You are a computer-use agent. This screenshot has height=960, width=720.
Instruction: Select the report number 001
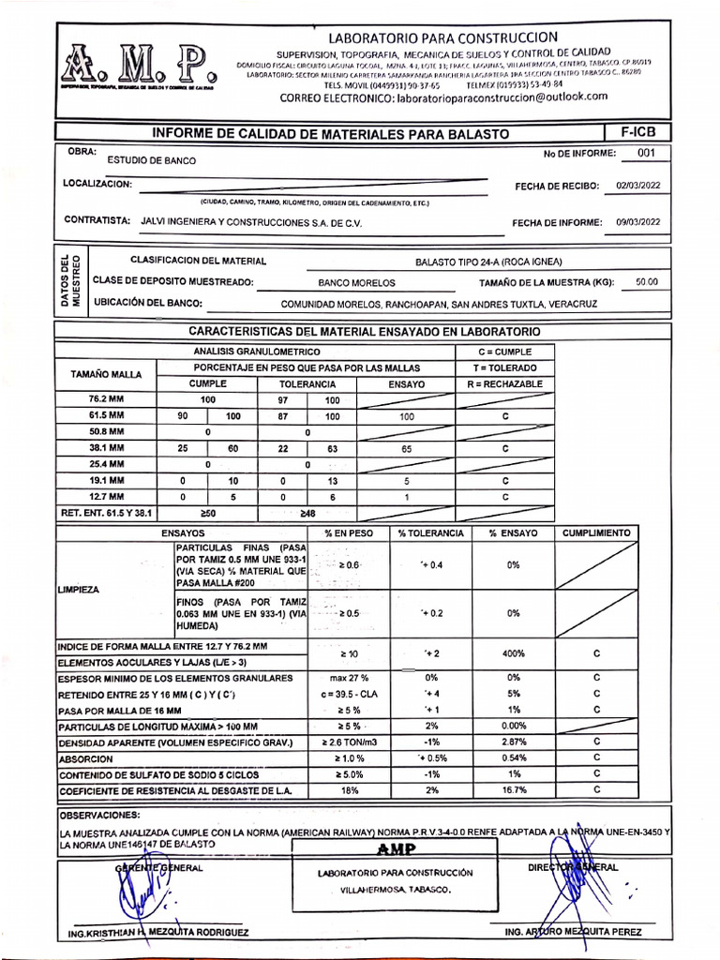[x=646, y=154]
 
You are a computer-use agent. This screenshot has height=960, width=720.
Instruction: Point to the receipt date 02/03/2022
[x=637, y=186]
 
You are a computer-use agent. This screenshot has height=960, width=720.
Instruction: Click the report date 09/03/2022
[x=637, y=222]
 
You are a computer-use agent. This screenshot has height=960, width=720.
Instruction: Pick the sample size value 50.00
[x=646, y=281]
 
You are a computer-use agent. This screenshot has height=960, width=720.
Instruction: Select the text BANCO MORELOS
[x=357, y=282]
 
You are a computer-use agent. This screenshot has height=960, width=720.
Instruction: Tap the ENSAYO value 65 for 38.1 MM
[x=405, y=449]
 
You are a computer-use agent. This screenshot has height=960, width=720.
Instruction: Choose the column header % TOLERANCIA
[x=430, y=532]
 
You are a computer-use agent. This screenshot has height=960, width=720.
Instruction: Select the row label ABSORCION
[x=86, y=759]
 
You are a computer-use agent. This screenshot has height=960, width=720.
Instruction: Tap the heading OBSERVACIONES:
[x=98, y=815]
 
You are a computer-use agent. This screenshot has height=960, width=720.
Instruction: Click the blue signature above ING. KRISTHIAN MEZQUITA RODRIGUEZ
[x=139, y=891]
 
